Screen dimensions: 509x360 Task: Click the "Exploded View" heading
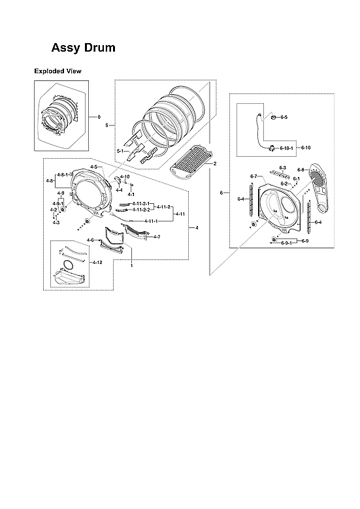57,71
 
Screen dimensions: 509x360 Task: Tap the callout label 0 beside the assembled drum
99,117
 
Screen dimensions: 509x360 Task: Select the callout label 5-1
120,152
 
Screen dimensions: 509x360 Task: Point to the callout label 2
214,163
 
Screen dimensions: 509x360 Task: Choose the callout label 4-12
97,262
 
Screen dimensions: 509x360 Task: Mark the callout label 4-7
157,237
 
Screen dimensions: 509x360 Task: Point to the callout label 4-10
125,176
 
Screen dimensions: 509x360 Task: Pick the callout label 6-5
284,117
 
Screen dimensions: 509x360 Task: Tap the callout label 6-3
283,168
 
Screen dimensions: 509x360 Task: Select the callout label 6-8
301,170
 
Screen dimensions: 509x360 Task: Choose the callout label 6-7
254,176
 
